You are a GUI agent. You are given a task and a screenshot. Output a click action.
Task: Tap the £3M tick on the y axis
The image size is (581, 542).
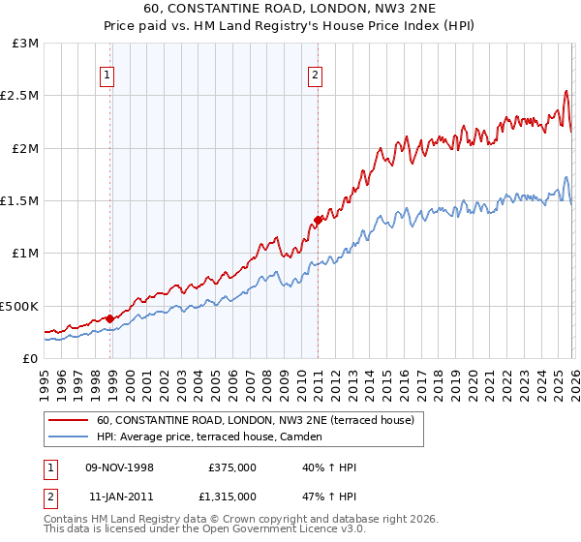(26, 44)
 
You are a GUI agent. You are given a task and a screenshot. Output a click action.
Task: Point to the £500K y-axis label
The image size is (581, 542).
(20, 306)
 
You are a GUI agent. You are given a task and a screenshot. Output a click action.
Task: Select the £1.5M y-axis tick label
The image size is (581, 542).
(20, 201)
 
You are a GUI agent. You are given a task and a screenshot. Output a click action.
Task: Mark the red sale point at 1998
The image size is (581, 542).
(110, 318)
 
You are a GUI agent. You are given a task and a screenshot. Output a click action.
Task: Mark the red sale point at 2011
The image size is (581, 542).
(318, 221)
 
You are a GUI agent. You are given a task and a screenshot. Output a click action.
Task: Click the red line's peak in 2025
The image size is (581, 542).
(566, 92)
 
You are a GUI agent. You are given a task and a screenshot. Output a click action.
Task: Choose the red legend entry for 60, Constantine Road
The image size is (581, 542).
(256, 420)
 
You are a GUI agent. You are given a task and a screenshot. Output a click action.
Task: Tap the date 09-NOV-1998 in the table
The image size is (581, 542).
(121, 467)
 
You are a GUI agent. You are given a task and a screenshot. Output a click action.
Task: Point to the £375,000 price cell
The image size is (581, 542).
(232, 467)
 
